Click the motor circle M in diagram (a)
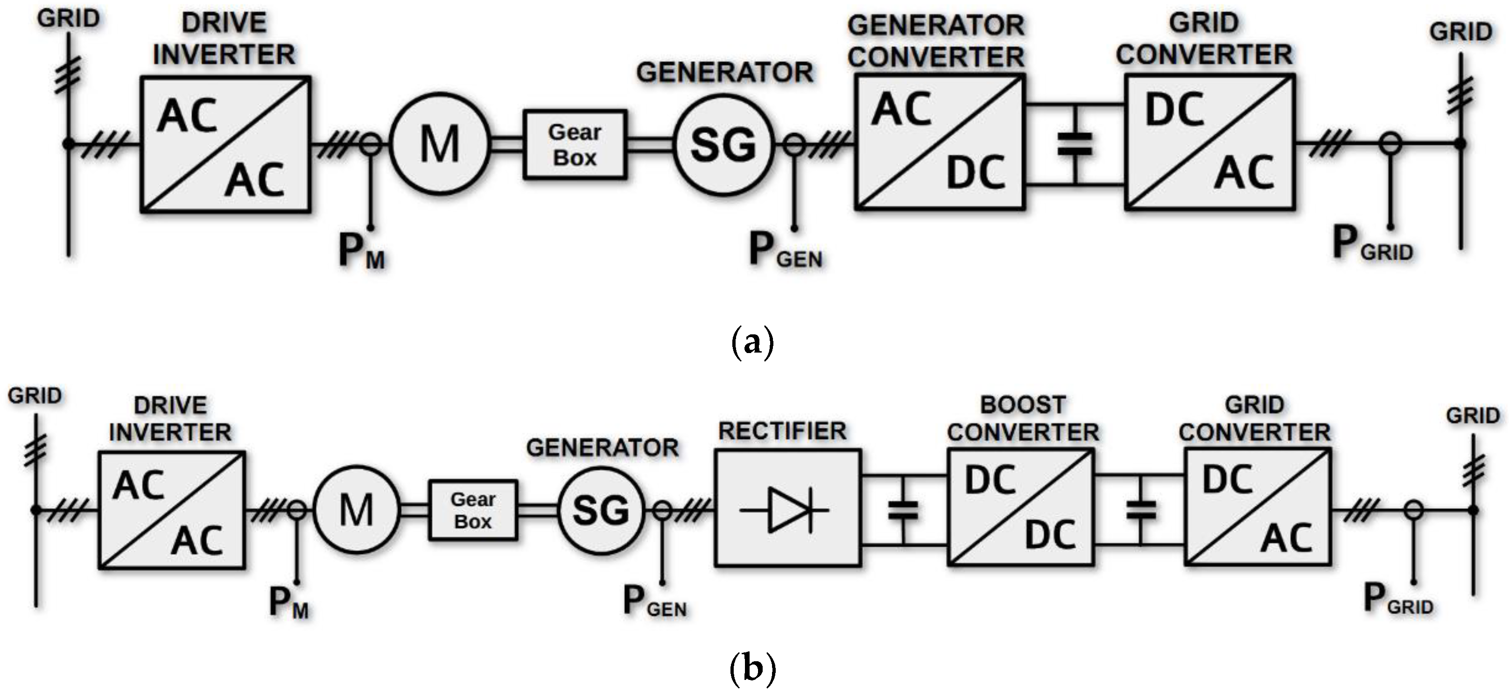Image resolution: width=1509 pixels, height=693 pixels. pos(439,144)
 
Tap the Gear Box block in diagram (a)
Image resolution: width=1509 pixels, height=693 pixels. pos(575,144)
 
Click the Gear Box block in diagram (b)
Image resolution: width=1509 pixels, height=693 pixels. pos(473,510)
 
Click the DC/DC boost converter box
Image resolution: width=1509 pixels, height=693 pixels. pos(1020,508)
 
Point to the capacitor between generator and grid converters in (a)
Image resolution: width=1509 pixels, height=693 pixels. pos(1075,144)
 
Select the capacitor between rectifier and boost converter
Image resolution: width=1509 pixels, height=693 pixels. pos(903,510)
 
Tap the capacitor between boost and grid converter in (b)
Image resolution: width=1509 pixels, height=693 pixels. pos(1141,510)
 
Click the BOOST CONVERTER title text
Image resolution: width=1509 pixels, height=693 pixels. pos(1023,418)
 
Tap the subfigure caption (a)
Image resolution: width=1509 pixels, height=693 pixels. pos(753,342)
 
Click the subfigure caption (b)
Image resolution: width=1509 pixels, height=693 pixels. pos(753,668)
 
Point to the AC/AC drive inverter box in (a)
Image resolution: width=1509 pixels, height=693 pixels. pos(225,144)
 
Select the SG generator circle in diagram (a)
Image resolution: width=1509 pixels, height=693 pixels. pos(723,144)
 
